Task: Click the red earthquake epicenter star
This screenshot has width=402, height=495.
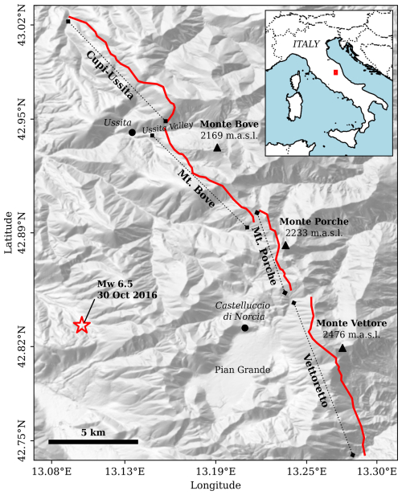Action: [81, 325]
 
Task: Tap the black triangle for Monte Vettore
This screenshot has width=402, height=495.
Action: [343, 348]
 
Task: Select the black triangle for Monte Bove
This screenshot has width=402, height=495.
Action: [217, 148]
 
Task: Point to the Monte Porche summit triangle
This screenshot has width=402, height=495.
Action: [285, 245]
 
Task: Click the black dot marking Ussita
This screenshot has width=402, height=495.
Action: [132, 132]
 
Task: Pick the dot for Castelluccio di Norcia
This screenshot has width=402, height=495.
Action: [244, 327]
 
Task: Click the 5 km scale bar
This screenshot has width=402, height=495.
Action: [93, 441]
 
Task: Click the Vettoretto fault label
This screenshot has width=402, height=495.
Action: [316, 380]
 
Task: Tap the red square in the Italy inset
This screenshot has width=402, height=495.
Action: [335, 72]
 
